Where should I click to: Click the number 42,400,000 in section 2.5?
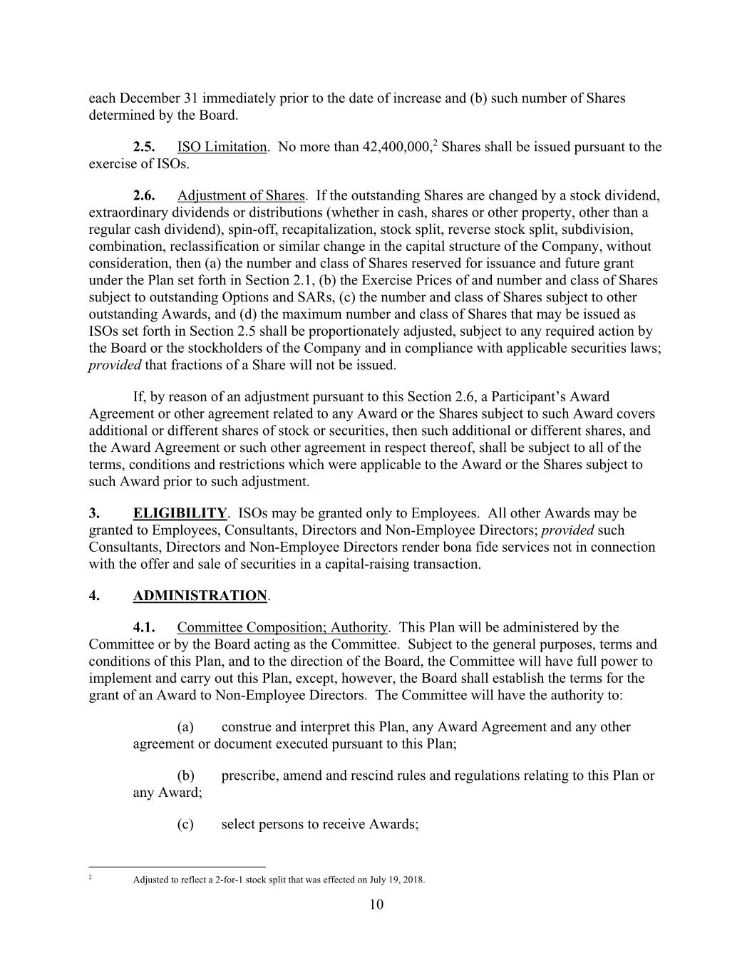[397, 148]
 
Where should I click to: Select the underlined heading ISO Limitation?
[221, 148]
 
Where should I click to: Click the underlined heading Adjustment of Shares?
[241, 196]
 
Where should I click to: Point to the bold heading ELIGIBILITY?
[180, 513]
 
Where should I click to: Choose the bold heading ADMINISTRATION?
[200, 596]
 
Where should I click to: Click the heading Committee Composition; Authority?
[282, 628]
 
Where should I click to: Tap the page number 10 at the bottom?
[376, 905]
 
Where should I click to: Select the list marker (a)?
[185, 727]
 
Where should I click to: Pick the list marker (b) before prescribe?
[185, 776]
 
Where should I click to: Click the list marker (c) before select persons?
[185, 825]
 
